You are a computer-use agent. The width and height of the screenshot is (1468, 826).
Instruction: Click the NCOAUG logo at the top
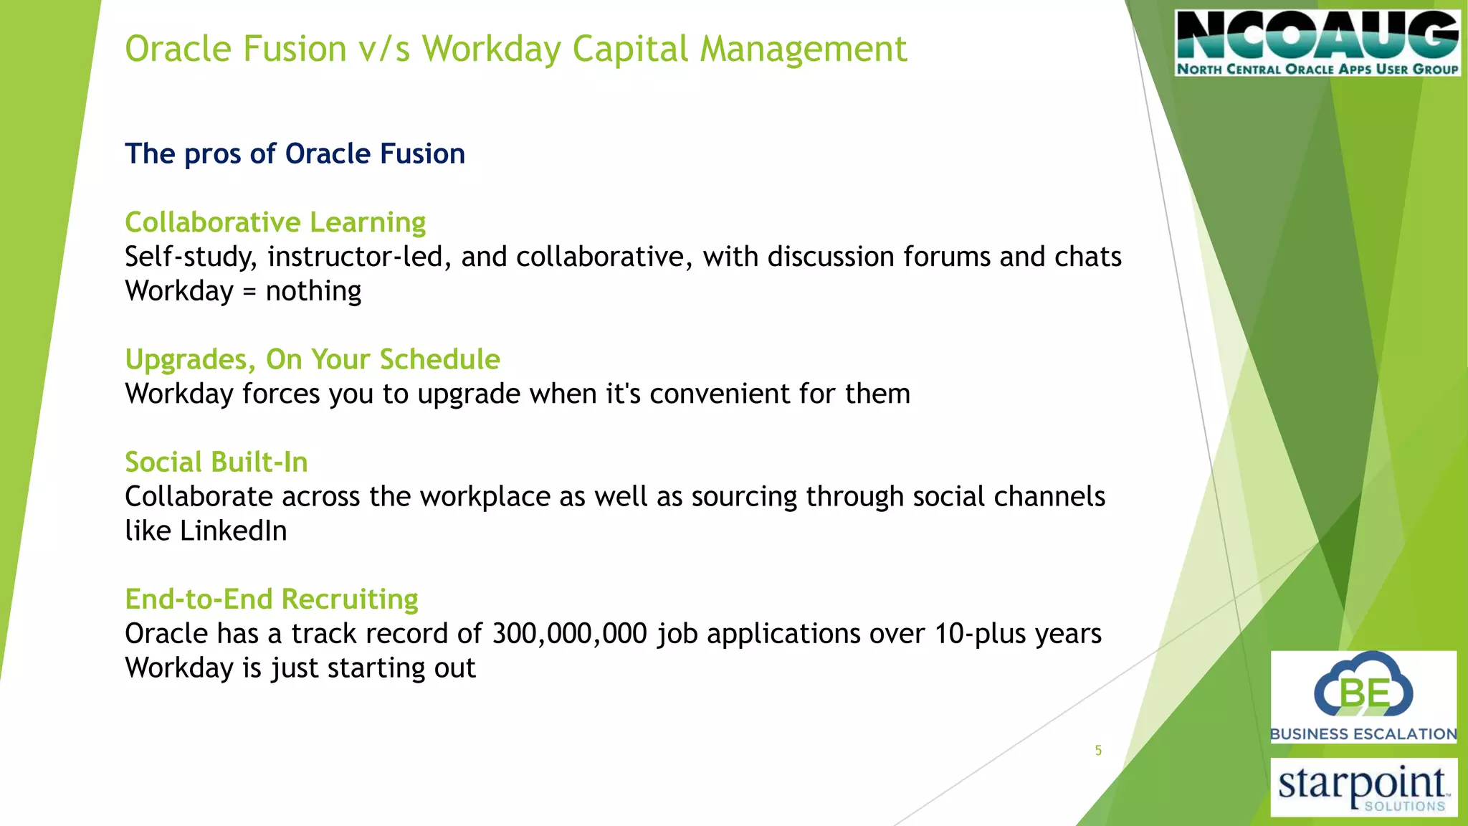pos(1317,43)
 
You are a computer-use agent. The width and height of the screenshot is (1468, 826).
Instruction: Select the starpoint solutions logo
pos(1363,787)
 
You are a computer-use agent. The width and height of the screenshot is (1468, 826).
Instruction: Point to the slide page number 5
pos(1098,751)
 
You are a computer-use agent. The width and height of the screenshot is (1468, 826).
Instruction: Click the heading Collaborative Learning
pos(275,222)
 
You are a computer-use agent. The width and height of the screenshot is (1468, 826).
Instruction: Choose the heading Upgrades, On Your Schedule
pos(313,359)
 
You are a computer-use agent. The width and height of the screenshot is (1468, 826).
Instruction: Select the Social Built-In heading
pos(216,462)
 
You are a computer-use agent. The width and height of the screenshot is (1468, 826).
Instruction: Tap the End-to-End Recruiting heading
pos(272,599)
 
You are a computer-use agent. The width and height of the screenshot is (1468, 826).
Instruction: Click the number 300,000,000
pos(570,634)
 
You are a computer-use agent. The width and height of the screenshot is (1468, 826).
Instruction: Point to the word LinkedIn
pos(234,531)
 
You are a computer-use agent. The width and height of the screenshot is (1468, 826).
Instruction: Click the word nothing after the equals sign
pos(313,292)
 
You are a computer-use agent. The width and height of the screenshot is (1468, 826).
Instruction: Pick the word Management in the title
pos(804,49)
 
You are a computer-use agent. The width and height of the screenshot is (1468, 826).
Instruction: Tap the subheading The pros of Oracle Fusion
pos(295,154)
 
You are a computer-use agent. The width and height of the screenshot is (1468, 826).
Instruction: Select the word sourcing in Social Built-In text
pos(744,497)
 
